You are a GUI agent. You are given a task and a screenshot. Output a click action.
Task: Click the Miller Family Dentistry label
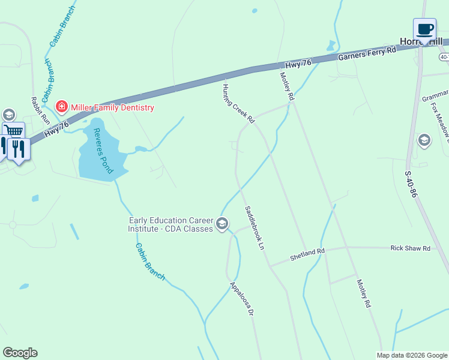click(112, 107)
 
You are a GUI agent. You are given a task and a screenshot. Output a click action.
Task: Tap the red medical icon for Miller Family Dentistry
click(61, 107)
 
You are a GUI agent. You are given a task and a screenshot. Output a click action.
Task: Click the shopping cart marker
click(13, 131)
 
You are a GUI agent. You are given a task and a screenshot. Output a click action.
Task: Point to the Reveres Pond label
click(103, 151)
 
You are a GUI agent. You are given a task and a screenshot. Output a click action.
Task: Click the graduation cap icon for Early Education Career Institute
click(221, 224)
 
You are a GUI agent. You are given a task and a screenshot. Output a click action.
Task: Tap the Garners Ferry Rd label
click(367, 53)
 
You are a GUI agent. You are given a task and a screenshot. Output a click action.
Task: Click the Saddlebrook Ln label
click(255, 228)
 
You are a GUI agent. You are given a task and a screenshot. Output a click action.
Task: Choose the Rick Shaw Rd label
click(410, 248)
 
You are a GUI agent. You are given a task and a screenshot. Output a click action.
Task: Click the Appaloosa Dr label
click(243, 299)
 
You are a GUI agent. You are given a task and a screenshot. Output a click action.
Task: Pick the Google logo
click(20, 353)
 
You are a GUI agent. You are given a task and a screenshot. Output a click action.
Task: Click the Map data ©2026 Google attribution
click(412, 355)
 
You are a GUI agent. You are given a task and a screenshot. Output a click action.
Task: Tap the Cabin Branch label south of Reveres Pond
click(150, 262)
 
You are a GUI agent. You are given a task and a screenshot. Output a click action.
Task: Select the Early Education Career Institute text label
click(170, 224)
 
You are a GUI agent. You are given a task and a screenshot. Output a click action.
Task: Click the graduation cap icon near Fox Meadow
click(424, 140)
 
